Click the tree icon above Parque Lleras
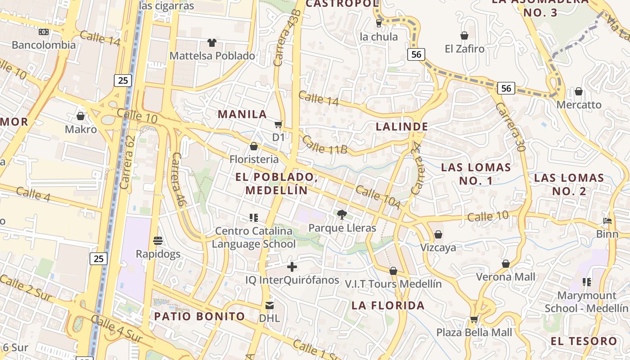tap(342, 214)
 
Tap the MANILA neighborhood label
tap(242, 114)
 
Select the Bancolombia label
tap(44, 45)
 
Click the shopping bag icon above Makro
tap(81, 117)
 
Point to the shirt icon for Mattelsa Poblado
tap(212, 43)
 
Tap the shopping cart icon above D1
tap(279, 124)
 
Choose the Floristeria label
tap(254, 159)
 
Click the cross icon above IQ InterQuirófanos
tap(292, 267)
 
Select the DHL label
tap(269, 318)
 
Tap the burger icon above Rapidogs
tap(158, 241)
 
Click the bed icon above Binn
tap(607, 221)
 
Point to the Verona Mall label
tap(506, 277)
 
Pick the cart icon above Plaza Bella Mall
tap(474, 319)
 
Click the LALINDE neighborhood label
tap(401, 127)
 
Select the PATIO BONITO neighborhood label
tap(199, 316)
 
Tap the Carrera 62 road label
tap(128, 162)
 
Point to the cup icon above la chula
tap(379, 23)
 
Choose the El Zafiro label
tap(464, 49)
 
